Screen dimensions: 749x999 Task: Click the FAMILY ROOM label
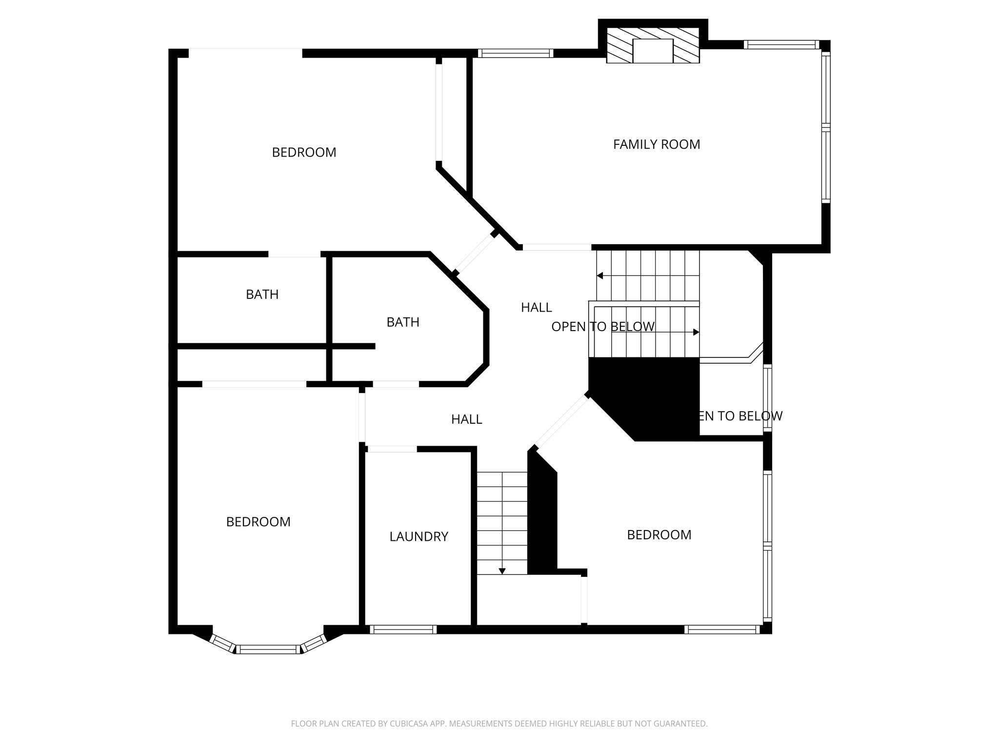[x=656, y=144]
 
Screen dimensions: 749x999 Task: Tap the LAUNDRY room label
[x=419, y=536]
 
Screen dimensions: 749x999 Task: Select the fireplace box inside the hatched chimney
[x=653, y=51]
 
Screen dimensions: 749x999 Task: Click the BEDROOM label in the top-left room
[x=304, y=153]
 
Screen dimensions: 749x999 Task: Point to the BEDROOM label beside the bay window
[x=258, y=522]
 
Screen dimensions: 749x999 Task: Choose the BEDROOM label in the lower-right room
[x=659, y=535]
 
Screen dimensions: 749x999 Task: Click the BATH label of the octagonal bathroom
[x=402, y=322]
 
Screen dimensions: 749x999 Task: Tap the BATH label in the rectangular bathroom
[x=262, y=295]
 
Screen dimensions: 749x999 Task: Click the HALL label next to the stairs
[x=536, y=307]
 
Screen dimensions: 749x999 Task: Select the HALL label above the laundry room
[x=466, y=419]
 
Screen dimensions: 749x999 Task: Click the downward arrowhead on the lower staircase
[x=502, y=571]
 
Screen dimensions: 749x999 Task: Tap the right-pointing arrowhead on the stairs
[x=696, y=332]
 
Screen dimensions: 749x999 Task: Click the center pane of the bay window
[x=269, y=649]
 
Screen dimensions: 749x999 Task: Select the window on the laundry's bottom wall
[x=403, y=630]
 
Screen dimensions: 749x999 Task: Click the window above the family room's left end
[x=515, y=53]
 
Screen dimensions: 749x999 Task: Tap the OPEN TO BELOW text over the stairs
[x=603, y=327]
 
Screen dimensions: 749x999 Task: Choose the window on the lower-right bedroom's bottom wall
[x=722, y=630]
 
